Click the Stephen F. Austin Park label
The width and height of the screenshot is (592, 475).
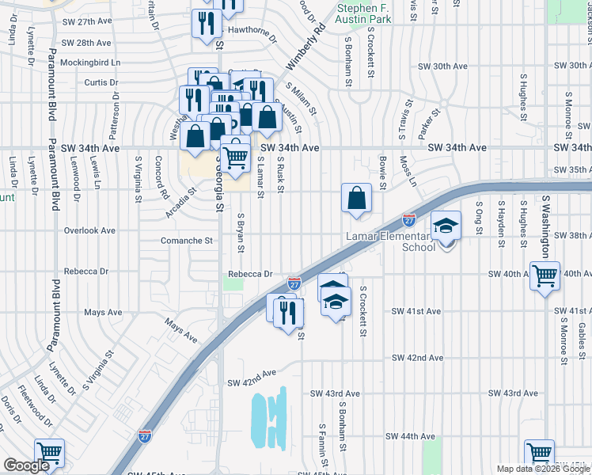pyautogui.click(x=364, y=13)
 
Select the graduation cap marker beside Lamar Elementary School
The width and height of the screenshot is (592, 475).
pyautogui.click(x=446, y=228)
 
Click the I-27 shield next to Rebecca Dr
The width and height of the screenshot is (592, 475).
pyautogui.click(x=294, y=283)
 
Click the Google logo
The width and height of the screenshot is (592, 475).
pyautogui.click(x=26, y=465)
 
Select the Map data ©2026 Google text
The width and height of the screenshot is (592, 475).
pyautogui.click(x=543, y=469)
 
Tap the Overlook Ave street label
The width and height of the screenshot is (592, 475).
pyautogui.click(x=89, y=230)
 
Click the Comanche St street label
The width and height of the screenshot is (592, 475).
pyautogui.click(x=188, y=240)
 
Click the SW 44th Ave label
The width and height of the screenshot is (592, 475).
pyautogui.click(x=410, y=436)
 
